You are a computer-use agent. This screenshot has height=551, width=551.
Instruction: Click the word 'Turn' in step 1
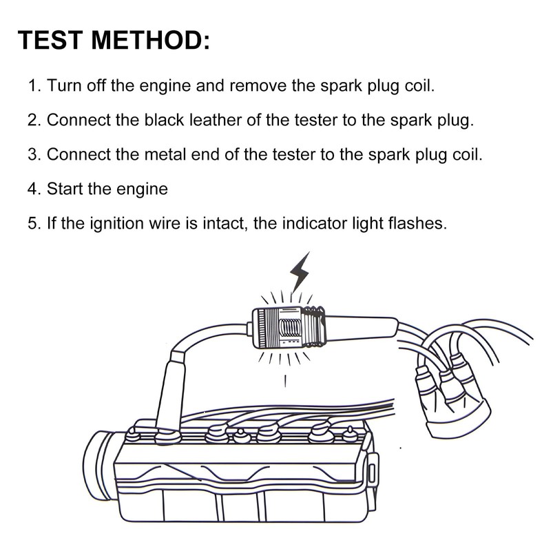[64, 86]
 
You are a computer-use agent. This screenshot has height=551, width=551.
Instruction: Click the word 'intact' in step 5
[220, 222]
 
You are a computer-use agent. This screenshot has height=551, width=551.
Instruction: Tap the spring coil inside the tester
[290, 324]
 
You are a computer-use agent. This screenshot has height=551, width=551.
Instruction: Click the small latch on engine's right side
[373, 475]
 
